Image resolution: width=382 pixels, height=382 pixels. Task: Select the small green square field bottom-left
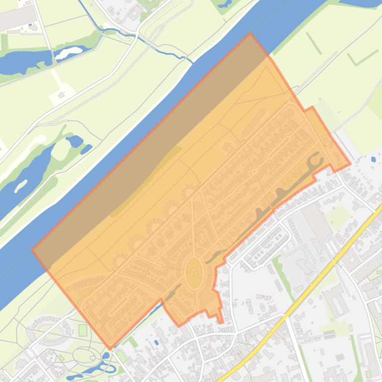(82, 330)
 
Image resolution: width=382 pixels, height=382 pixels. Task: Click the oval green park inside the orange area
(194, 273)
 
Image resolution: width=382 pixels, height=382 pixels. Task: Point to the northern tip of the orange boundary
(250, 34)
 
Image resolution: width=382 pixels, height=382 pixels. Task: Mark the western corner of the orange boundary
(33, 250)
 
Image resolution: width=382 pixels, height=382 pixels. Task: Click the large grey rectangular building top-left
(17, 18)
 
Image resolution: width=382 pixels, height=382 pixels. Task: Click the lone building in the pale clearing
(62, 94)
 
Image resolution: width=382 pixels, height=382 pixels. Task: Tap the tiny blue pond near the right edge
(373, 160)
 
